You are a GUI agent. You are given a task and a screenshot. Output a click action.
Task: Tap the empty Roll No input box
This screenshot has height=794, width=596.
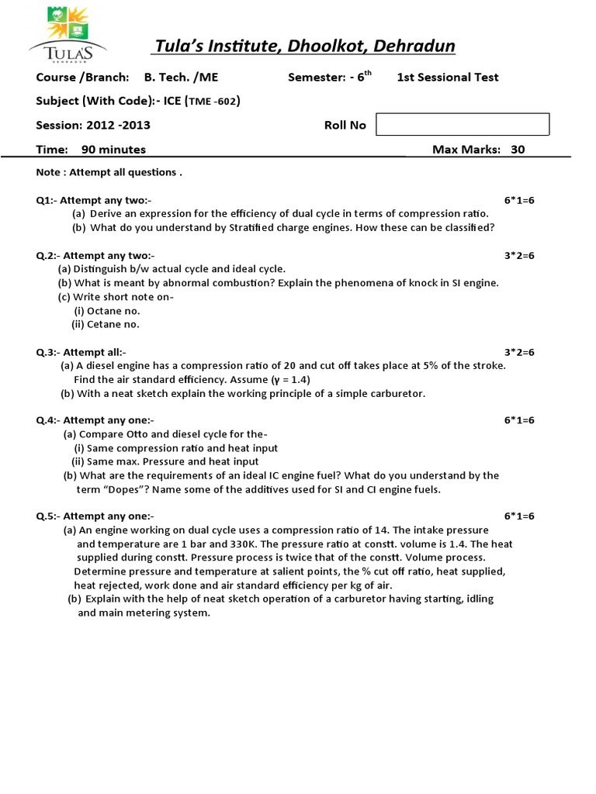[462, 124]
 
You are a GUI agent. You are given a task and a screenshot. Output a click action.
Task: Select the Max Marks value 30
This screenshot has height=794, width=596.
[518, 150]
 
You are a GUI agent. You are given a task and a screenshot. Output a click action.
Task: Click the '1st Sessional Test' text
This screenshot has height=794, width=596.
[448, 77]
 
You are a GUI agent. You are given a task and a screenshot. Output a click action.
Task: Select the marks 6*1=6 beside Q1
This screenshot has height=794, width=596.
[519, 200]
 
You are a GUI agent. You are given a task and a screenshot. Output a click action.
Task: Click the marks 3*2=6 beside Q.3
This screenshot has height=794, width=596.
[519, 352]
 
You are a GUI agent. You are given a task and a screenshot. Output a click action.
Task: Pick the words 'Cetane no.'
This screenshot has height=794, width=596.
[113, 325]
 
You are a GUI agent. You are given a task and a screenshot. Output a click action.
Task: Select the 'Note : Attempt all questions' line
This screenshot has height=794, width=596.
[109, 172]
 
